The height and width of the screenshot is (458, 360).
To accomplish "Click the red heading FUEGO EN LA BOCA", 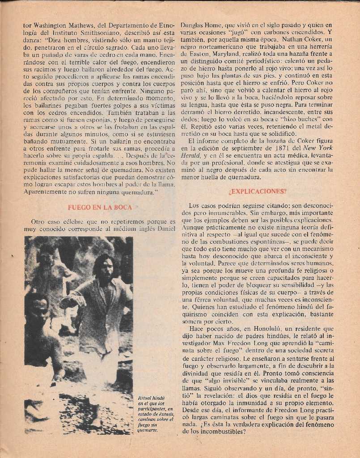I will point(100,207).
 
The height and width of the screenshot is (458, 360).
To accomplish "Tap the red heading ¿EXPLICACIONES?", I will point(257,191).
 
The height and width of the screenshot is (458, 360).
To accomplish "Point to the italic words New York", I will point(318,148).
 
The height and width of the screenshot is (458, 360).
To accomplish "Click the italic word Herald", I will point(190,155).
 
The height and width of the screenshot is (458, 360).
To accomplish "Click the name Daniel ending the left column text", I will point(167,229).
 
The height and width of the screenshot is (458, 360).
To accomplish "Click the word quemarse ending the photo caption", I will point(147,430).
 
